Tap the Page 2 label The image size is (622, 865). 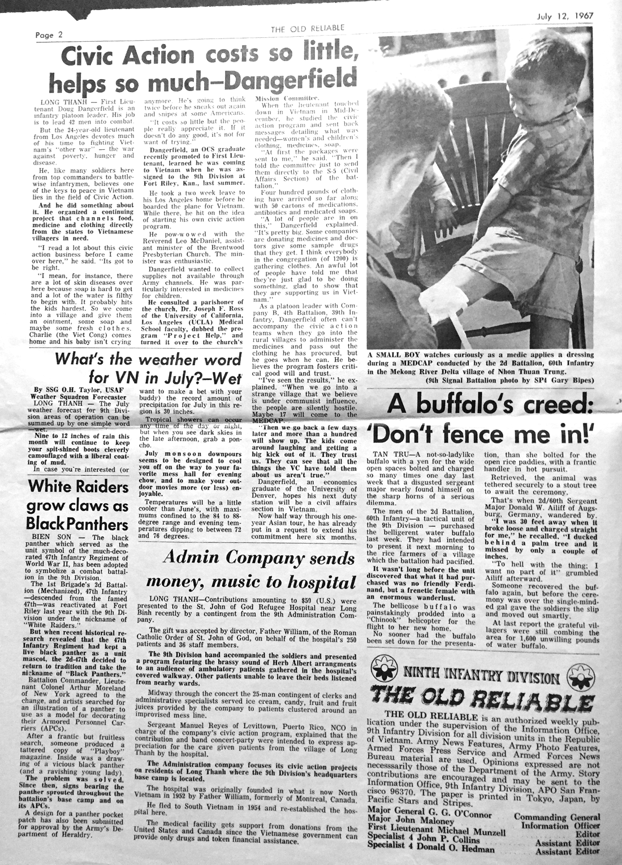point(48,34)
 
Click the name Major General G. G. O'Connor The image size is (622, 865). point(430,815)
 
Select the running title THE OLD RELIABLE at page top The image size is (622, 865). point(307,28)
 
